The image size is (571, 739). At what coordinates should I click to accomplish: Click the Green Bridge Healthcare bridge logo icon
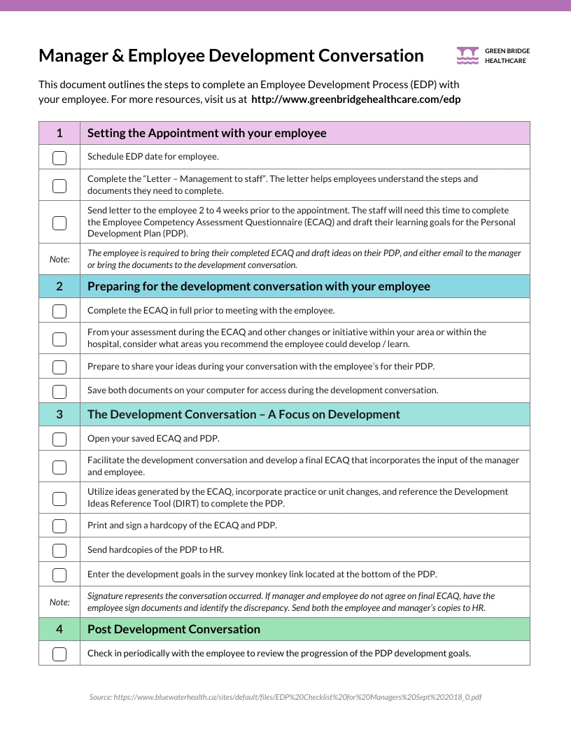(467, 55)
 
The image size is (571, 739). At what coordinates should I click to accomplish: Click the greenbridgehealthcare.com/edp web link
(355, 99)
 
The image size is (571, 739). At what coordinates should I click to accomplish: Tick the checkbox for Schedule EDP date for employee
(59, 157)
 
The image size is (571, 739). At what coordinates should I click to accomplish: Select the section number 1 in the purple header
(59, 133)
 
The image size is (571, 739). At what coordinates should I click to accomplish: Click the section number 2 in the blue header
(59, 286)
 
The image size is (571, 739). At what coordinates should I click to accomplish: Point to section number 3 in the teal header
(59, 414)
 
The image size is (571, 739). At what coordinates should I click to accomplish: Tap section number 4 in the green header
(59, 629)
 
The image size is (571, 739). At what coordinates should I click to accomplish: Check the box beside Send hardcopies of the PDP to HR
(59, 550)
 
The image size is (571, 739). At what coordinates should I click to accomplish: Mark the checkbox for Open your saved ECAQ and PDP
(59, 439)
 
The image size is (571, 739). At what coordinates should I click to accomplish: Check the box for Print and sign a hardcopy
(59, 526)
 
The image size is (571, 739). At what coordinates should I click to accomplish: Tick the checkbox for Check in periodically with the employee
(59, 654)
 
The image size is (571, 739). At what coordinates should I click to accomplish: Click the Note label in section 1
(59, 259)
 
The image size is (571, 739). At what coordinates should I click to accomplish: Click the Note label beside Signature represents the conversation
(59, 602)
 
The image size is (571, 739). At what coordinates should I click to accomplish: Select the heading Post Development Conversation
(174, 629)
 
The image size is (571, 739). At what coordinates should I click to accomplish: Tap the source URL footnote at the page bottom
(285, 698)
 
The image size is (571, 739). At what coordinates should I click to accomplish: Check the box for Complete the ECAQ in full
(59, 311)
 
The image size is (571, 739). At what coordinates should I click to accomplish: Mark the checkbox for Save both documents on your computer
(59, 390)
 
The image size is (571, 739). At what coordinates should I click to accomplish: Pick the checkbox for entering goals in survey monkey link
(59, 575)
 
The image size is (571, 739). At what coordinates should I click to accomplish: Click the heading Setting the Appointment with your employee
(206, 133)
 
